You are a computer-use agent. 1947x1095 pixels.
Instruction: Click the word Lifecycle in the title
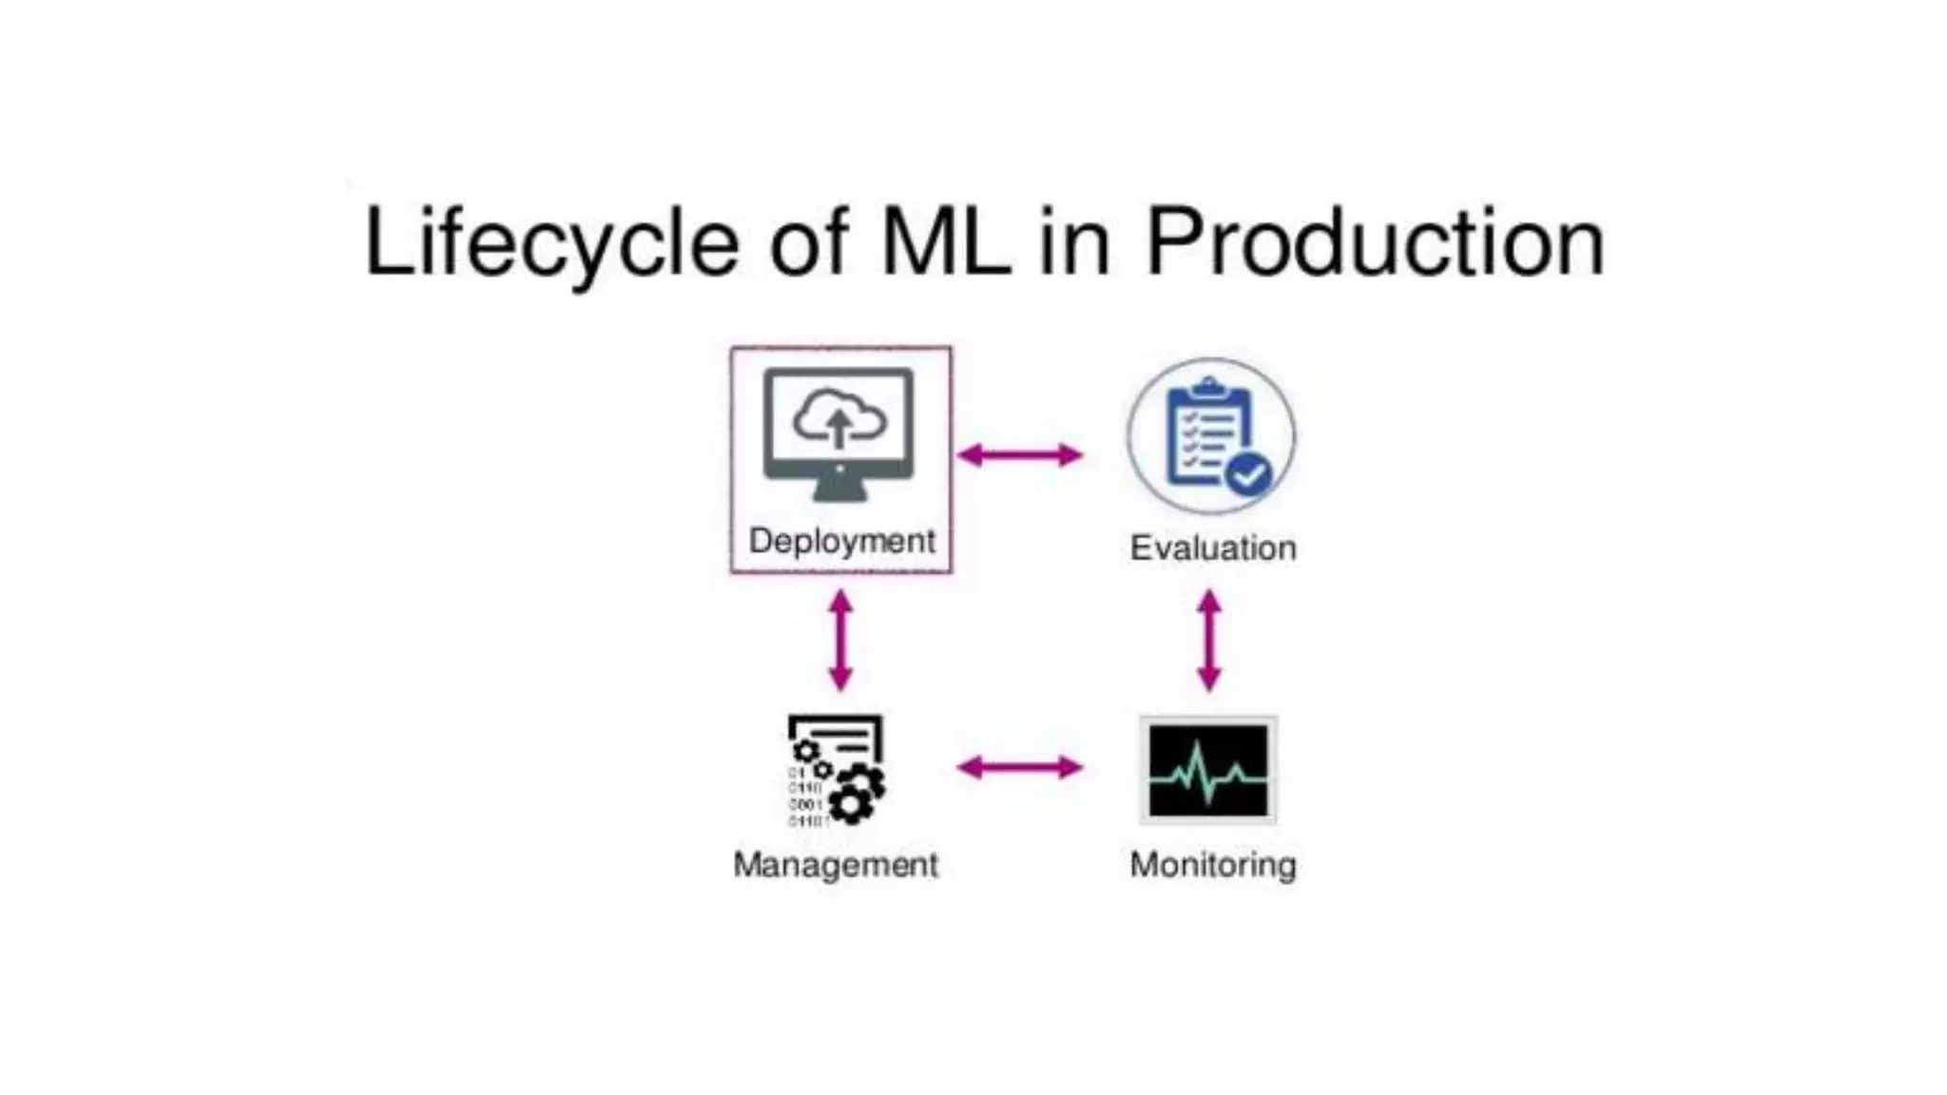[551, 243]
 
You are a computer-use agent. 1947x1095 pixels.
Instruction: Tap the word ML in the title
[946, 243]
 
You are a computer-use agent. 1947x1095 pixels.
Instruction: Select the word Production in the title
[1376, 243]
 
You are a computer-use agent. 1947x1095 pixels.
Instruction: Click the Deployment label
[841, 541]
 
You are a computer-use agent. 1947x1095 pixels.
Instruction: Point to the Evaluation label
[1212, 548]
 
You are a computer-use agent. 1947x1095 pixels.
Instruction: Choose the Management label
[835, 865]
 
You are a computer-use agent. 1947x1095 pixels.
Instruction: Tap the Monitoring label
[1212, 865]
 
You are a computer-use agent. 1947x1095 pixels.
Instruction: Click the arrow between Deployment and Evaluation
[1019, 455]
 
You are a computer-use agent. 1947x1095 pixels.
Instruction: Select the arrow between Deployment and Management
[840, 641]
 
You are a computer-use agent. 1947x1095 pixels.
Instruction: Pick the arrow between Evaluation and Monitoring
[1209, 641]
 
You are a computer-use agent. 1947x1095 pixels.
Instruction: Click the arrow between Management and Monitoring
[1019, 767]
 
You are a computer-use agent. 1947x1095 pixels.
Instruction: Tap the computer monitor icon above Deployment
[839, 432]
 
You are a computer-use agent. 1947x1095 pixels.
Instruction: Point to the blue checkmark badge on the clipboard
[1248, 472]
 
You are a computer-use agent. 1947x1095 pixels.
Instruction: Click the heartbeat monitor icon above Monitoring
[1208, 771]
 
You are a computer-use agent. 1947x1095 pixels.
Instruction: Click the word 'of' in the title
[808, 243]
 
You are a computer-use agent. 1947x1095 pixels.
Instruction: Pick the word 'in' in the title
[1074, 243]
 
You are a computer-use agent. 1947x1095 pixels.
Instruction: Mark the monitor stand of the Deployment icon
[839, 490]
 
